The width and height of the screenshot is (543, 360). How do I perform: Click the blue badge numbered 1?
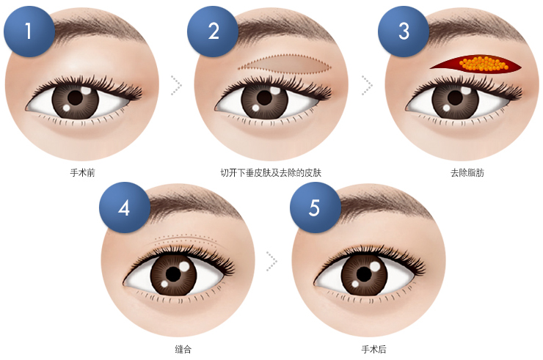29,31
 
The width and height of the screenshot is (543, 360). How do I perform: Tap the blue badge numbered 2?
213,31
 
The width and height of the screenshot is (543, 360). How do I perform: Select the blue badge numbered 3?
404,31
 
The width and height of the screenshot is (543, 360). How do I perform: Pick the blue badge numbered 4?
125,207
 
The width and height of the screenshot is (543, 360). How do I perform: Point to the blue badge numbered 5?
315,207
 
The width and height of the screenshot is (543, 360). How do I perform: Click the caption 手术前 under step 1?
82,172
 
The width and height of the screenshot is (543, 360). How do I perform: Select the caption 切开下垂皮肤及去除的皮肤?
271,172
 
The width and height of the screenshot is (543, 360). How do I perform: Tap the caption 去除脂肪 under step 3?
467,172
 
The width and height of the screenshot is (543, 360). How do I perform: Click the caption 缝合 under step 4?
183,349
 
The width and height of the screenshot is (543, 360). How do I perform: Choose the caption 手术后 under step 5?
373,349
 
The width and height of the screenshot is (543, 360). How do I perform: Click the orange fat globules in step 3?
484,63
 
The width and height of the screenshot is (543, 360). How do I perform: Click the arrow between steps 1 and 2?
177,85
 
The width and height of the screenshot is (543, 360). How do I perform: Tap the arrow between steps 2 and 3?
367,85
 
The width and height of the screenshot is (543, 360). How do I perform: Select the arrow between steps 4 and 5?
271,261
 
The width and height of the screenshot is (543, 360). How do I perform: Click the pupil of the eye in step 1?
75,98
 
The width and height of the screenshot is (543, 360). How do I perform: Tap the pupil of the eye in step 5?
364,274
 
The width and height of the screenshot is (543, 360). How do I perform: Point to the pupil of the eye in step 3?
455,98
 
